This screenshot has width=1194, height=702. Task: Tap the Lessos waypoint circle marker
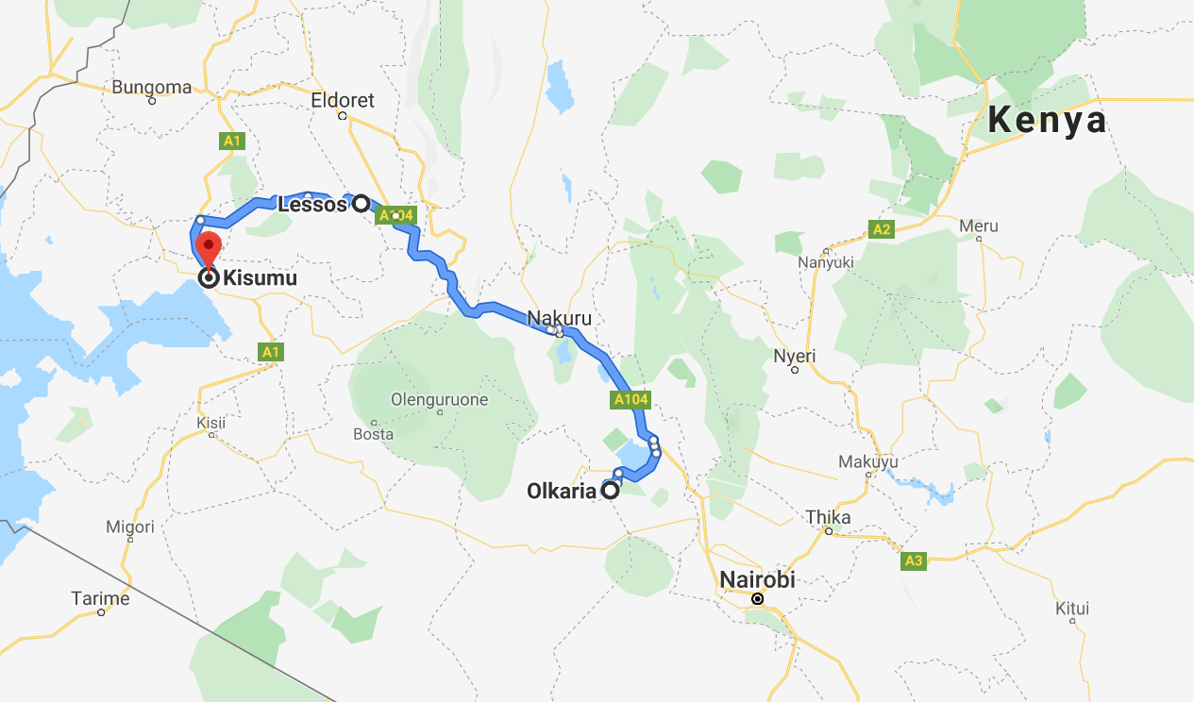[x=361, y=203]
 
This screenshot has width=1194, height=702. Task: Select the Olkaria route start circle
[x=611, y=491]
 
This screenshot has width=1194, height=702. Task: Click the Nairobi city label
[x=757, y=579]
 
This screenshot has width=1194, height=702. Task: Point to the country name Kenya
[x=1046, y=121]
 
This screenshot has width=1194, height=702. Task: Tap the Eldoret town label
[x=343, y=100]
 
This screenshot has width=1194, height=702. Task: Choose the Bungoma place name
[x=151, y=88]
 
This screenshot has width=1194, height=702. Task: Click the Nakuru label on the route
[x=559, y=317]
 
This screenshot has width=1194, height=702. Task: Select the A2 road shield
[x=882, y=229]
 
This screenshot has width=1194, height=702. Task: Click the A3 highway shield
[x=913, y=561]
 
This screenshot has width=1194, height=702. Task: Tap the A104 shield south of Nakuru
[x=631, y=399]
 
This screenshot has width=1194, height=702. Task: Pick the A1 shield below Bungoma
[x=232, y=142]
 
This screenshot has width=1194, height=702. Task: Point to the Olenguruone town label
[x=440, y=400]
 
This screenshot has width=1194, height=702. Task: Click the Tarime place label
[x=100, y=598]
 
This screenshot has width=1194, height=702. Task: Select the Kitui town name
[x=1072, y=609]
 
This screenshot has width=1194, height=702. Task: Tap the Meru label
[x=978, y=226]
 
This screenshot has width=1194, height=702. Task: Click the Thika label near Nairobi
[x=828, y=517]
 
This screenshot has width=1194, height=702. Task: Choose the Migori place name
[x=129, y=526]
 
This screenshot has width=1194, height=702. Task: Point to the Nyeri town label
[x=795, y=357]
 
